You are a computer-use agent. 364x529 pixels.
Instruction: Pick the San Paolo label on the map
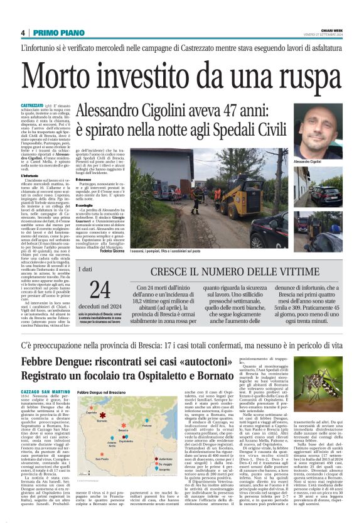pyautogui.click(x=100, y=457)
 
